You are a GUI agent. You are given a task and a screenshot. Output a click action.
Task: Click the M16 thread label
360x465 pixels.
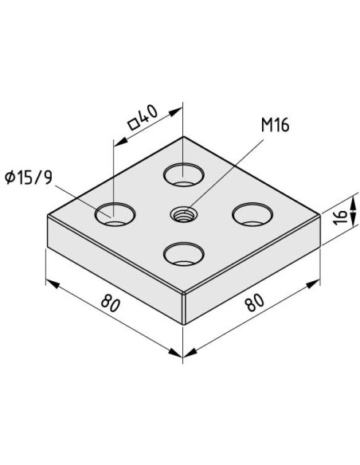275,125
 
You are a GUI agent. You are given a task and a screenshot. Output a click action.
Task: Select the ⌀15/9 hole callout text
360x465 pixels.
29,178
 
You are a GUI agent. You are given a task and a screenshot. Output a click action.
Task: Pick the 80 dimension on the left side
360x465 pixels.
111,303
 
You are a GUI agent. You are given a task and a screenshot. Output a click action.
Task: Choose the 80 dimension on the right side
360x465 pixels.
254,303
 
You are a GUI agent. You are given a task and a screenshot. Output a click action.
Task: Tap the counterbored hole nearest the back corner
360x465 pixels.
184,174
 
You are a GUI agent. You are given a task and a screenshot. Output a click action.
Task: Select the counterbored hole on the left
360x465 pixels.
115,214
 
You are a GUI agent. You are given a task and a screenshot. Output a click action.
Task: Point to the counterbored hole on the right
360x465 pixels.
252,214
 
